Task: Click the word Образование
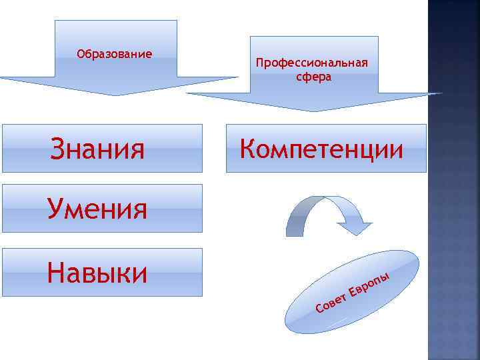pyautogui.click(x=114, y=53)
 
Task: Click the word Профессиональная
pyautogui.click(x=312, y=63)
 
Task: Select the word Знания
pyautogui.click(x=97, y=149)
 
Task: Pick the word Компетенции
pyautogui.click(x=321, y=148)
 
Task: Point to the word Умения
pyautogui.click(x=97, y=209)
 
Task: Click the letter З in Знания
pyautogui.click(x=58, y=149)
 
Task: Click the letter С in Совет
pyautogui.click(x=319, y=308)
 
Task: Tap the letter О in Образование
pyautogui.click(x=81, y=53)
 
